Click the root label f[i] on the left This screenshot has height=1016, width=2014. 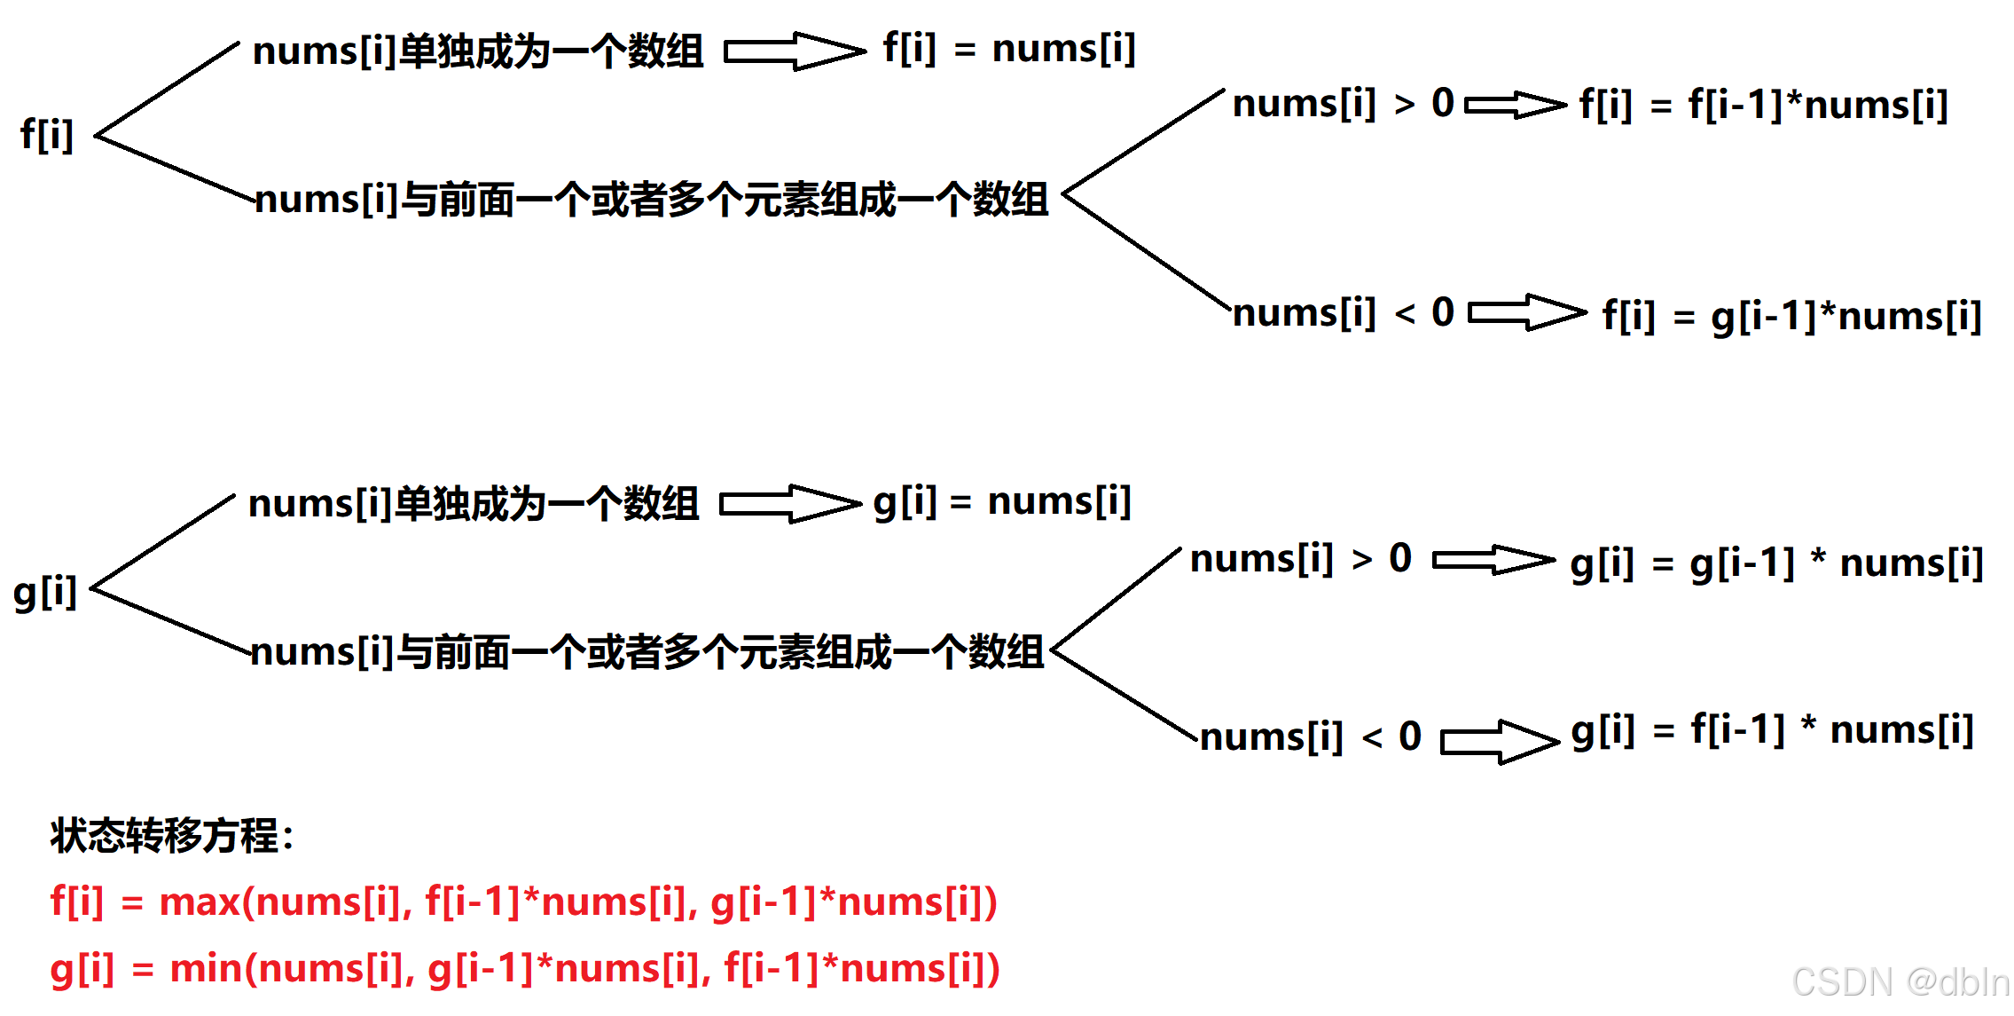point(46,135)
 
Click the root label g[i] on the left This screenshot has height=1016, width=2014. point(45,592)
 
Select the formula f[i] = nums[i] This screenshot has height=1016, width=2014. point(1008,49)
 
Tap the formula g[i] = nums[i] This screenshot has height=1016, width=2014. point(1002,502)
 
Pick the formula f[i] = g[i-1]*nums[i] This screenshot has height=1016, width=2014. point(1791,316)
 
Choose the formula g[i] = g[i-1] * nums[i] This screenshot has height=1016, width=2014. point(1776,563)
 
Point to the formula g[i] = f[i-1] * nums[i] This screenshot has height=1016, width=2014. point(1772,730)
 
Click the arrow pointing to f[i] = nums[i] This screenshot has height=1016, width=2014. point(795,51)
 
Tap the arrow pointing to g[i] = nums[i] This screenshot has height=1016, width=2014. point(789,504)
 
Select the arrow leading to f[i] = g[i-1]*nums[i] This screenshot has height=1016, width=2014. point(1526,312)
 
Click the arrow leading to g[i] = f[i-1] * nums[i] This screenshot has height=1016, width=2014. point(1499,741)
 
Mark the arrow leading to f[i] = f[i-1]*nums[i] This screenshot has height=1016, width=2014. point(1515,106)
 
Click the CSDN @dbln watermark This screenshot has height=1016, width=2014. point(1900,982)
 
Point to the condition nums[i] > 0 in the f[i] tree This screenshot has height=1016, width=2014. point(1343,104)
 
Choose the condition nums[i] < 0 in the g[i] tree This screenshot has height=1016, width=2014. point(1310,737)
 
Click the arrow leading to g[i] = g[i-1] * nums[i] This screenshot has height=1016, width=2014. point(1493,560)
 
